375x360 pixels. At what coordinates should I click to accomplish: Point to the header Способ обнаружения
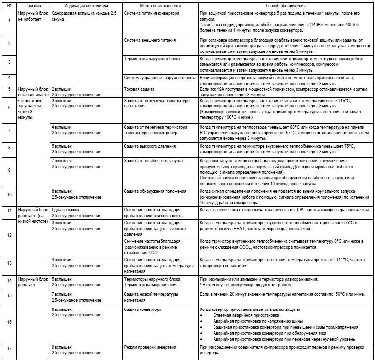284,4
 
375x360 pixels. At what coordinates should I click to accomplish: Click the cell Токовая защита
140,89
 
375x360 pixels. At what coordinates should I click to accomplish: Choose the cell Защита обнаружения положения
155,191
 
